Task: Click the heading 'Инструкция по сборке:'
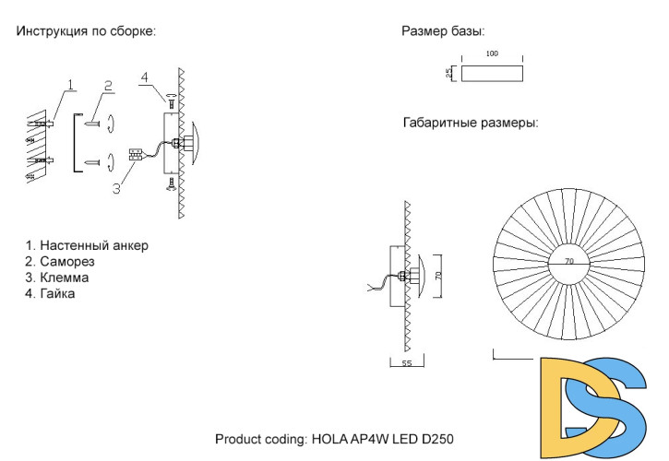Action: [x=86, y=31]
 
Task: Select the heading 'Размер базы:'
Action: [x=443, y=31]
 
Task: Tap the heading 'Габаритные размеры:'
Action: [x=471, y=123]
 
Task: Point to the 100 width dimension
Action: [x=492, y=54]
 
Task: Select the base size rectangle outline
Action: [x=492, y=74]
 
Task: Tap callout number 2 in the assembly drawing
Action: [x=108, y=85]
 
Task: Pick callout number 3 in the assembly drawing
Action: [x=116, y=190]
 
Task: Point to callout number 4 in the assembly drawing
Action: [x=145, y=77]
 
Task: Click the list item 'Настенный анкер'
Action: [x=87, y=245]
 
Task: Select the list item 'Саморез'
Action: [x=67, y=262]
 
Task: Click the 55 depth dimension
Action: [x=406, y=364]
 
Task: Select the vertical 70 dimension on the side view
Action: [x=438, y=275]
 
